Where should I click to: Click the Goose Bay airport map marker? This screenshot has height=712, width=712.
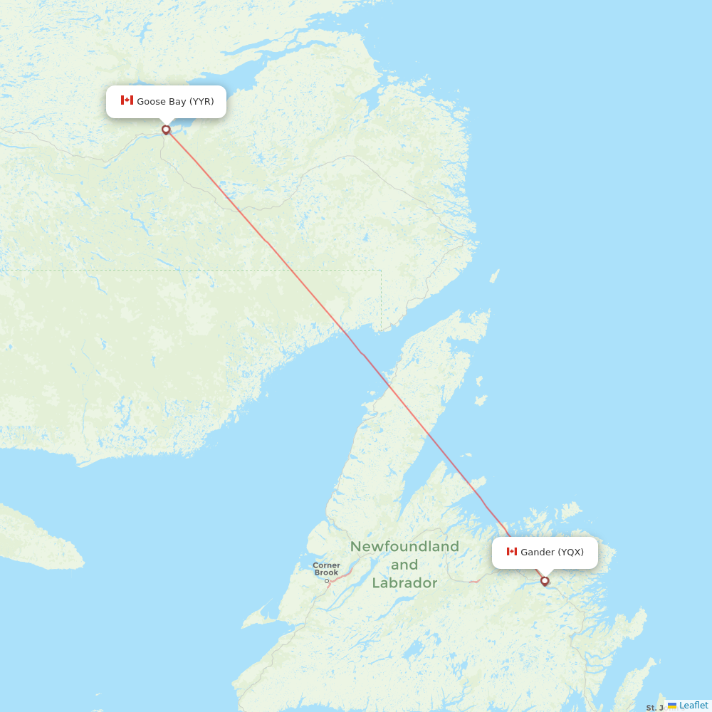(166, 130)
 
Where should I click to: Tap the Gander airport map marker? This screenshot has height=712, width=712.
(545, 581)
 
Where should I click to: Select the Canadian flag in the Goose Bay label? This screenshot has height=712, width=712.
(127, 100)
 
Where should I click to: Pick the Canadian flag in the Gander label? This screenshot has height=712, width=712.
(511, 552)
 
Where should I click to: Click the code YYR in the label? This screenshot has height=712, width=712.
(201, 101)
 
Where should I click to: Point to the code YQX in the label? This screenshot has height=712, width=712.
(570, 553)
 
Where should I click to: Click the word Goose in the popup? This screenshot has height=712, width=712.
(151, 101)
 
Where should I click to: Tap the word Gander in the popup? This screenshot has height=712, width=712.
(537, 553)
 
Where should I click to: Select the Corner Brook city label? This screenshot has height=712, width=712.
(326, 569)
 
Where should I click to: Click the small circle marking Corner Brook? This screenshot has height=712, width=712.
(328, 581)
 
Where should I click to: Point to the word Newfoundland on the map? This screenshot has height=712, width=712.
(404, 547)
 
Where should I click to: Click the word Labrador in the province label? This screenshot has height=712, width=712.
(404, 583)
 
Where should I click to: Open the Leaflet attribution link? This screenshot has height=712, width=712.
(693, 705)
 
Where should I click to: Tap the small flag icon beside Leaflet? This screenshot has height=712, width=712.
(671, 706)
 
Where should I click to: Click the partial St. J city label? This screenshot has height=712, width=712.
(654, 708)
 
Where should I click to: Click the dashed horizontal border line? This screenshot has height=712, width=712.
(214, 271)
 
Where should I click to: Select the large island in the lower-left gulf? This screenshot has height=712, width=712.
(36, 538)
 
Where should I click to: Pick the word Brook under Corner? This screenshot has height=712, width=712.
(326, 572)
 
